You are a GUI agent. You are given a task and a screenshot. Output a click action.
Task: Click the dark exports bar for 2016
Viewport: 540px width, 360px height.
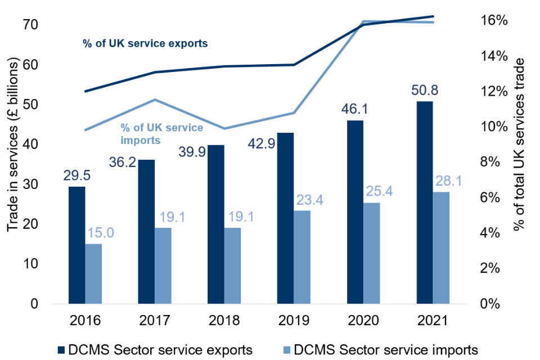click(x=77, y=245)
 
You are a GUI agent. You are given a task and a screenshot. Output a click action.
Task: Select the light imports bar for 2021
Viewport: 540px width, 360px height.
click(x=441, y=247)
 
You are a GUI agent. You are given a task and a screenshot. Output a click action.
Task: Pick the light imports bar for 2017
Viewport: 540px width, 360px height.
click(x=163, y=265)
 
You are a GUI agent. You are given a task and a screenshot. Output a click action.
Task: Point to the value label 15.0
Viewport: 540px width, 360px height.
click(x=101, y=232)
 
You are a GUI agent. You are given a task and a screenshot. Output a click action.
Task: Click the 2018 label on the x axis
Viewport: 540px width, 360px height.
click(x=224, y=321)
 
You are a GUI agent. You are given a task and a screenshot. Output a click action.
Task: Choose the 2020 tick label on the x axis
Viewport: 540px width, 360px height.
click(x=363, y=321)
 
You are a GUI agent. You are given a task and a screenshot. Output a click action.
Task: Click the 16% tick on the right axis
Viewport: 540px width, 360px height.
click(x=496, y=20)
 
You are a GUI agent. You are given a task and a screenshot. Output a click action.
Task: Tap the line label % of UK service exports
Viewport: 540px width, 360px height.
click(x=145, y=43)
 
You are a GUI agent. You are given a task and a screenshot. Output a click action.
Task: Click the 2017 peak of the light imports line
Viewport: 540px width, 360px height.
click(x=155, y=100)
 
